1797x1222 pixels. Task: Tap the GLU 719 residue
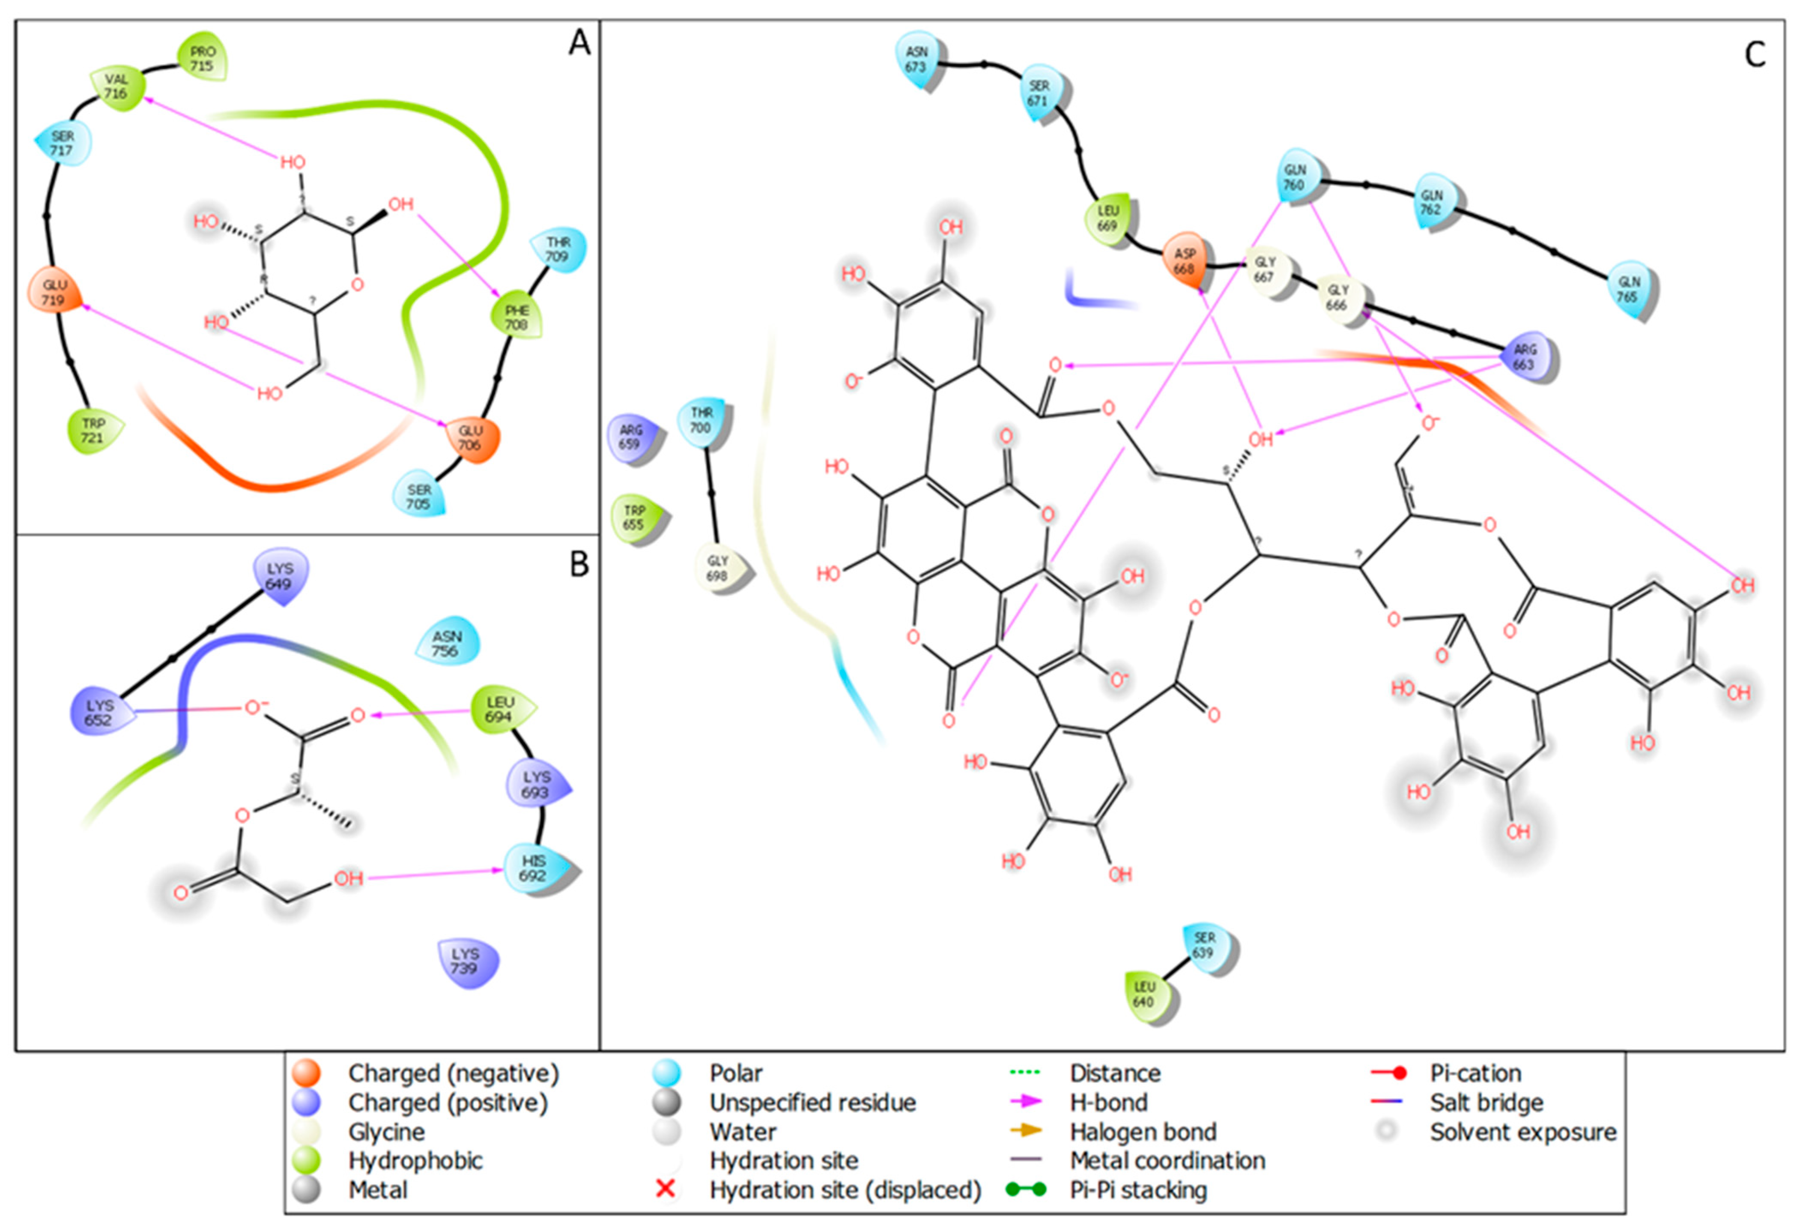click(x=54, y=292)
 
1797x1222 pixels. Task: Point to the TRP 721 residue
click(x=93, y=431)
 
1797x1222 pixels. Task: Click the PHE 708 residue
click(x=516, y=317)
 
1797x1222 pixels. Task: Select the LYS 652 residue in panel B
click(x=100, y=712)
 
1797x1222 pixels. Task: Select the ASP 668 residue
click(x=1185, y=261)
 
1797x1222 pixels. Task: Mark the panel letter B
click(x=579, y=565)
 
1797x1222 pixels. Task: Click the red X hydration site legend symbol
click(x=665, y=1189)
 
